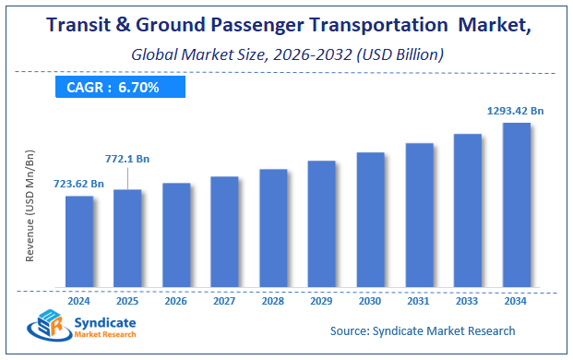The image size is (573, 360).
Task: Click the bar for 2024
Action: coord(79,241)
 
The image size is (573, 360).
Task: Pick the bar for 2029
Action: coord(321,223)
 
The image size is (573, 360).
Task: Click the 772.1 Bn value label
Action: coord(127,159)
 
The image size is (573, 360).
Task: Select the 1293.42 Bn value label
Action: coord(516,111)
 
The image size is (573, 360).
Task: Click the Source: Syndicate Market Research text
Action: coord(422,330)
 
